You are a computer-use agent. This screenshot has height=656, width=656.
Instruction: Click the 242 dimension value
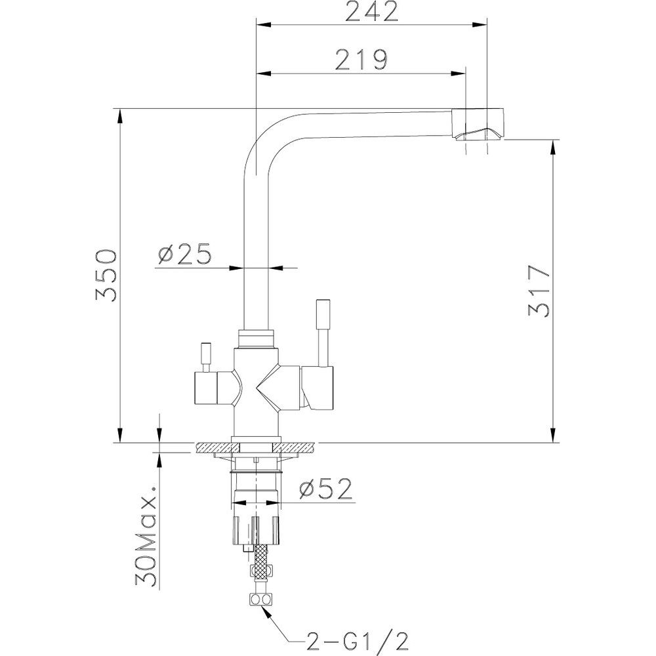(x=372, y=12)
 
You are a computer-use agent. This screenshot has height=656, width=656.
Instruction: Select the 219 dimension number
(x=362, y=60)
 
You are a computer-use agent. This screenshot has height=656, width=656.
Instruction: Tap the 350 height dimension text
(x=106, y=276)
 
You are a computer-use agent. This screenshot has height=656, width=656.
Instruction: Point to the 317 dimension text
(x=539, y=291)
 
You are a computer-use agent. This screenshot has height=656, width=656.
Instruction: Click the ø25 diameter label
(x=184, y=255)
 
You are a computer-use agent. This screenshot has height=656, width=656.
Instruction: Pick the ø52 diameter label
(x=326, y=489)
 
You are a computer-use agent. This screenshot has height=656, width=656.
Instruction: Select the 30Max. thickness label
(x=146, y=537)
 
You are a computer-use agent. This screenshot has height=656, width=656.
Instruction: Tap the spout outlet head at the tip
(x=479, y=125)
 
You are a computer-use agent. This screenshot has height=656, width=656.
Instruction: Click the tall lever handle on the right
(x=323, y=333)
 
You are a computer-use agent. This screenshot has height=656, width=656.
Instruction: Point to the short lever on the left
(x=205, y=358)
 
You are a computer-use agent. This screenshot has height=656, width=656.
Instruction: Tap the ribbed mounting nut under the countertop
(x=255, y=529)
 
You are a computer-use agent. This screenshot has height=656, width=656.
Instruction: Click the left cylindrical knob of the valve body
(x=206, y=388)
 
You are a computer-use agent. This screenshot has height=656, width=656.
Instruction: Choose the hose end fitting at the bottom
(x=260, y=599)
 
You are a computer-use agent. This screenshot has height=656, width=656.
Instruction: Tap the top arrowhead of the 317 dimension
(x=553, y=147)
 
